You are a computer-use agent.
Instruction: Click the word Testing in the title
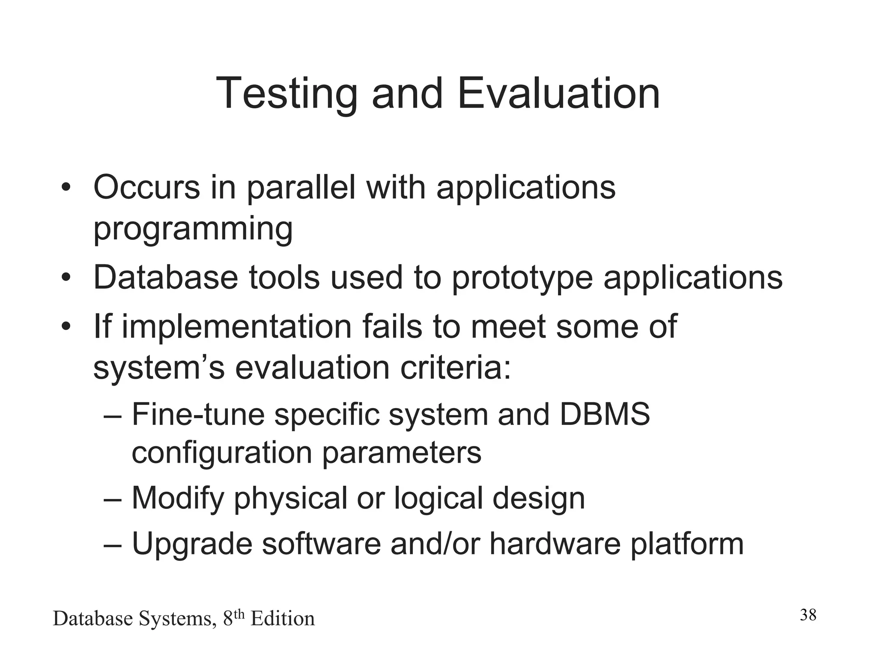pos(286,94)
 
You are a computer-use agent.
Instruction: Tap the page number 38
pos(808,615)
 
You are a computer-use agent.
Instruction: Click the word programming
pos(193,229)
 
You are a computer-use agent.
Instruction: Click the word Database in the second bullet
pos(165,277)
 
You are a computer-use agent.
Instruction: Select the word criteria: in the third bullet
pos(456,368)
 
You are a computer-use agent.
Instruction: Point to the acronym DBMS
pos(605,414)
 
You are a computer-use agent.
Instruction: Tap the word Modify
pos(178,499)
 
